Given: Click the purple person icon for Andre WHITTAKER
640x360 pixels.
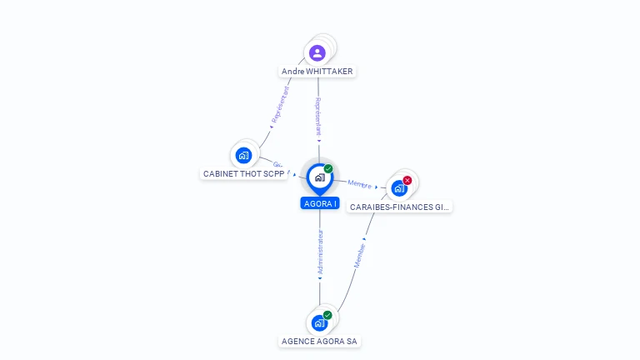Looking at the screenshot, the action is tap(317, 53).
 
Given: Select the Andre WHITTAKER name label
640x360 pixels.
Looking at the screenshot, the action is tap(317, 72).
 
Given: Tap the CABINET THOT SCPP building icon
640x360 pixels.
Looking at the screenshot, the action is tap(243, 155).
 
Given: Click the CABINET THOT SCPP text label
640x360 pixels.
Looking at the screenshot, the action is tap(244, 174).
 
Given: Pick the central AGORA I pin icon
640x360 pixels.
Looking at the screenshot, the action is tap(319, 177).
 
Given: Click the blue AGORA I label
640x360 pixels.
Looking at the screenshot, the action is tap(320, 203).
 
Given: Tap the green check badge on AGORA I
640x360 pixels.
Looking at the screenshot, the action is tap(328, 169).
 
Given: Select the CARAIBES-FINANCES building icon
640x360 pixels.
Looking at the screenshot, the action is tap(399, 188).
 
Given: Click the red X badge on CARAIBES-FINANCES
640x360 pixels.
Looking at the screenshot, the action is tap(407, 180).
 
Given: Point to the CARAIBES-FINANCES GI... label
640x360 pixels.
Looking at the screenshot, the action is tap(400, 207).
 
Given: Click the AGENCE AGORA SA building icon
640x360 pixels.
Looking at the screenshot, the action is tap(319, 322).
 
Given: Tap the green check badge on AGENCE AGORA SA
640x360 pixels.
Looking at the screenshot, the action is tap(327, 315).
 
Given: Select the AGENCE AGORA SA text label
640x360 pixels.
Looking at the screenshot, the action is tap(320, 342).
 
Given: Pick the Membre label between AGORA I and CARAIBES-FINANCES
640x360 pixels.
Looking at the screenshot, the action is tap(359, 184).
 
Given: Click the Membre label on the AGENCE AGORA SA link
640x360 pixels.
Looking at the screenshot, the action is tap(360, 254).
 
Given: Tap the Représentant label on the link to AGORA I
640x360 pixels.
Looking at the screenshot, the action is tap(318, 116).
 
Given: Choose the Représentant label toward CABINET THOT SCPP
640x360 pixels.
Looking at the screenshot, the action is tap(282, 105).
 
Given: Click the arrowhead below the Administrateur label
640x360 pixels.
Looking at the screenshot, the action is tap(320, 278).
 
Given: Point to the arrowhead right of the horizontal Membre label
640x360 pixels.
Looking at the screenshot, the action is tap(377, 187).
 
